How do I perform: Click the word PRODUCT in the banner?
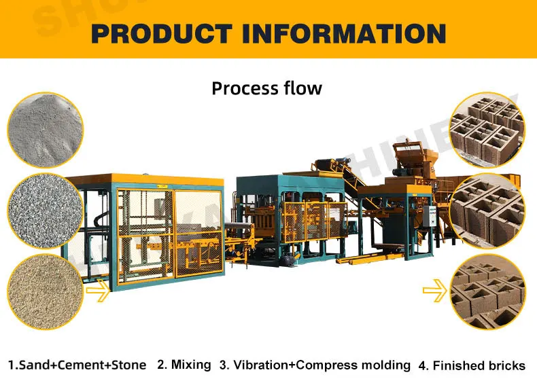tap(162, 32)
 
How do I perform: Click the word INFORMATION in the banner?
tap(345, 32)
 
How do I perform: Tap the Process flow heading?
tap(266, 88)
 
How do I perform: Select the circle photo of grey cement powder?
tap(46, 128)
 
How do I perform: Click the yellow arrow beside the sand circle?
tap(97, 294)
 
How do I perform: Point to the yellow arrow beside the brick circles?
tap(436, 292)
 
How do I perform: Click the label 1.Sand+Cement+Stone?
tap(77, 365)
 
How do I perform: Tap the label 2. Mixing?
tap(184, 365)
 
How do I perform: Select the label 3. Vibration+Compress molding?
tap(315, 365)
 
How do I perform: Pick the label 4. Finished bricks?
tap(471, 365)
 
